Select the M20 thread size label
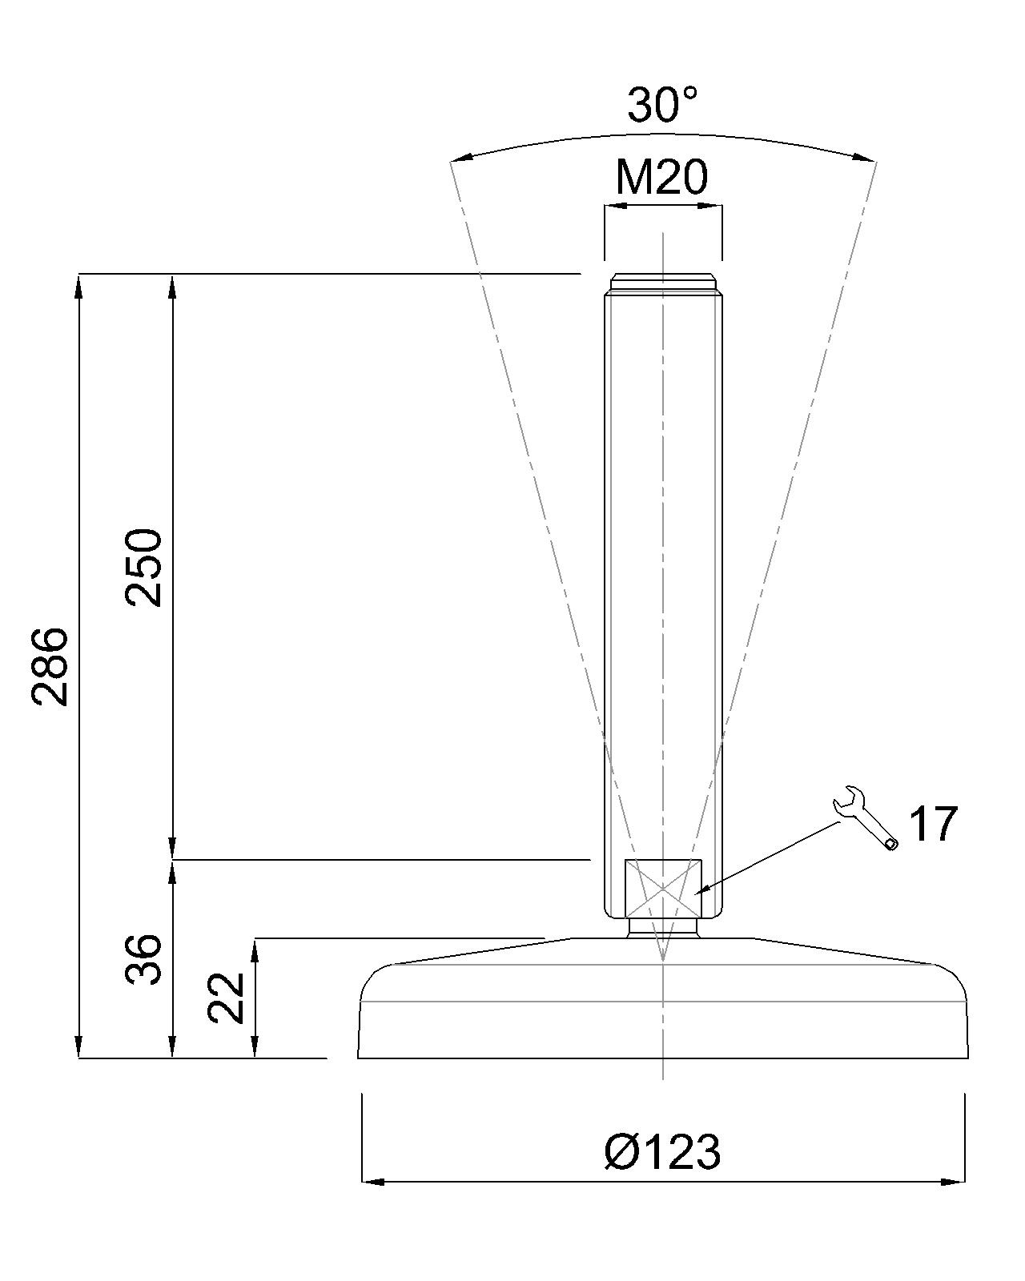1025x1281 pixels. (661, 177)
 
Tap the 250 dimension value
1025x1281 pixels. (143, 568)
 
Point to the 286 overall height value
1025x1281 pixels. (50, 666)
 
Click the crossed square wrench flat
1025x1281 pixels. (663, 889)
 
